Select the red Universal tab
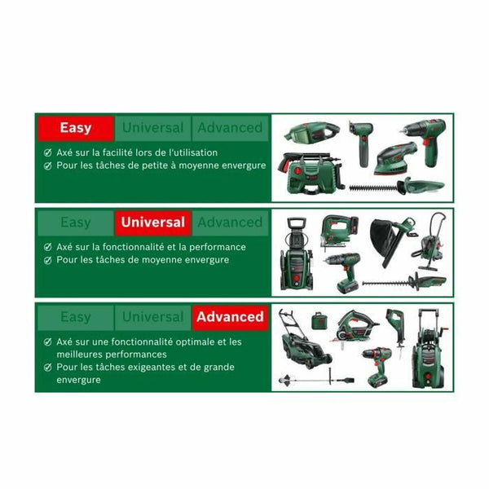point(152,222)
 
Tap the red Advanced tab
point(230,316)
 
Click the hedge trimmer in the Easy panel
point(399,186)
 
